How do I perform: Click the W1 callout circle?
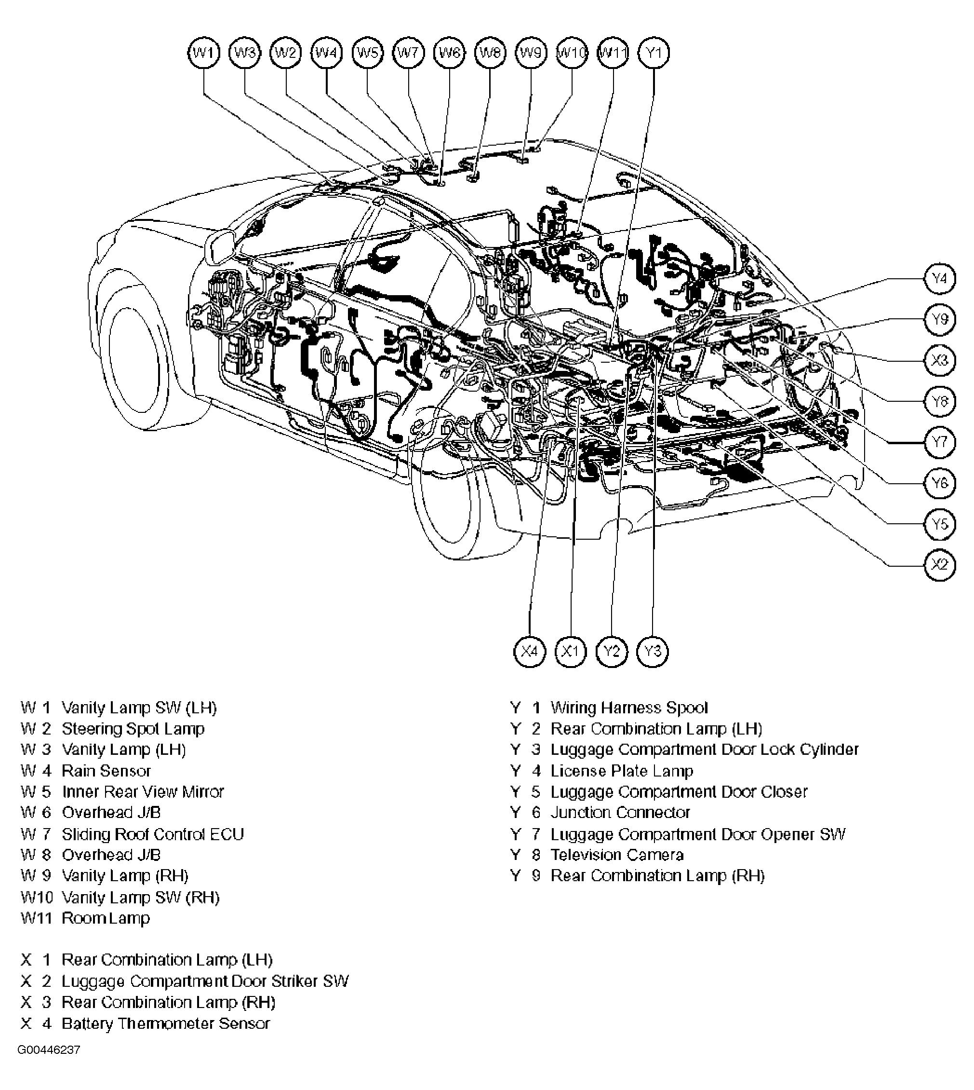[x=204, y=53]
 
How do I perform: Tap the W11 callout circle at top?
[x=613, y=53]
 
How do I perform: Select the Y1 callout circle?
[x=654, y=53]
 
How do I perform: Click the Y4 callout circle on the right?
[x=940, y=278]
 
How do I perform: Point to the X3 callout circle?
[x=940, y=360]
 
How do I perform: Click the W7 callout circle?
[x=408, y=53]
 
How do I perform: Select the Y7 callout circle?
[x=940, y=442]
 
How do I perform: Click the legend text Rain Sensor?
[x=106, y=771]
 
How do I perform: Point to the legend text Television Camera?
[x=616, y=855]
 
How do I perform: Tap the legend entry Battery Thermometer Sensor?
[x=165, y=1023]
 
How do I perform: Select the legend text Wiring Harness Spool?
[x=629, y=708]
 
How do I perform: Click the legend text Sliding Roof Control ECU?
[x=152, y=834]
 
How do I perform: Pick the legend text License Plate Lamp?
[x=621, y=771]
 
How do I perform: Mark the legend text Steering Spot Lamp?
[x=133, y=728]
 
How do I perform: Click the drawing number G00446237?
[x=49, y=1065]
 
